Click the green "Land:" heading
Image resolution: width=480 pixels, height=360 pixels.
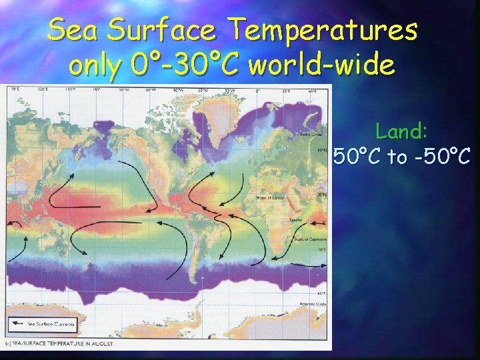point(402,131)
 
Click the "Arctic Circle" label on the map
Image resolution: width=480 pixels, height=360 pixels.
point(307,134)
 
